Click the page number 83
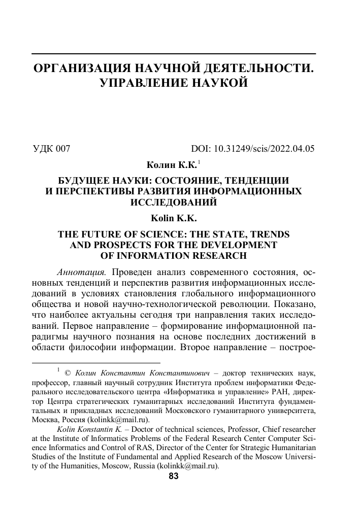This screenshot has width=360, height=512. (174, 476)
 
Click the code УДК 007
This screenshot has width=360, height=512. (51, 149)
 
